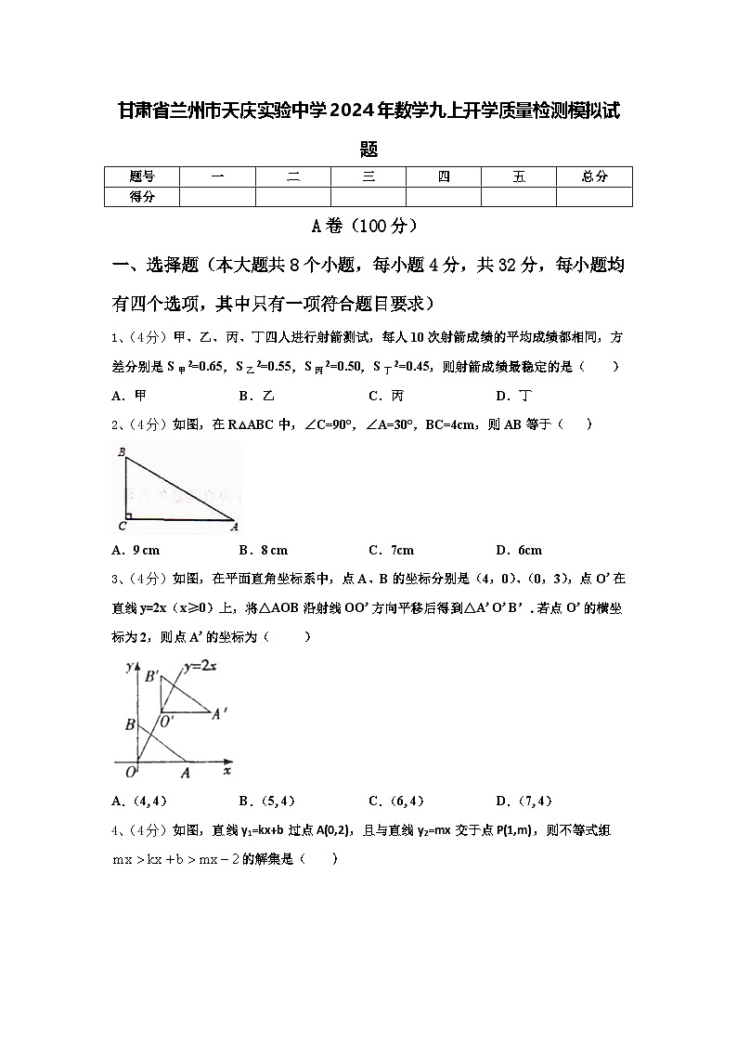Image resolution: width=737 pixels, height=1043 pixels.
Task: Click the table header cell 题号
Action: click(x=142, y=176)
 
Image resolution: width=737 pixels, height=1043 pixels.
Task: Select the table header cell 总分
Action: click(x=594, y=176)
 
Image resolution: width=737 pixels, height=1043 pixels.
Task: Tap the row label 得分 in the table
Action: click(x=142, y=197)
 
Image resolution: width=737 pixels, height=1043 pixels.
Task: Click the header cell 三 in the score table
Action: click(x=368, y=176)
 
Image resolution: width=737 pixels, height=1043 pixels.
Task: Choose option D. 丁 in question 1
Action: click(x=513, y=396)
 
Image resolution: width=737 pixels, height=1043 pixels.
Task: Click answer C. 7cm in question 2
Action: click(x=391, y=550)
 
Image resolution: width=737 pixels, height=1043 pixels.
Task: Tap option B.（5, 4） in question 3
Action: click(x=266, y=801)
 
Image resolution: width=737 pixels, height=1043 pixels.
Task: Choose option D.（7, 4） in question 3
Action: click(x=524, y=801)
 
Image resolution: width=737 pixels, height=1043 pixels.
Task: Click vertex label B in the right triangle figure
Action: click(x=123, y=452)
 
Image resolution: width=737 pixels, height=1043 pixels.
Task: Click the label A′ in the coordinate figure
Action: click(x=220, y=714)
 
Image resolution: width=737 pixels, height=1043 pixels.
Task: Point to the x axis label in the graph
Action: click(x=227, y=771)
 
